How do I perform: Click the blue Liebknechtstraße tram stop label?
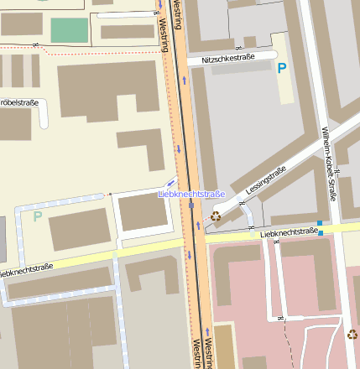point(192,195)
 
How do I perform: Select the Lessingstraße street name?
point(266,182)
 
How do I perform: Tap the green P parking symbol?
point(37,216)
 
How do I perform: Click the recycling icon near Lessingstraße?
point(216,216)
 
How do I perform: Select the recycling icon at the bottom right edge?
point(352,335)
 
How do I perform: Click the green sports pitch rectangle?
point(69,29)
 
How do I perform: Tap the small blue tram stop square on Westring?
point(191,205)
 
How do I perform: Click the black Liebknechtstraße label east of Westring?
point(289,233)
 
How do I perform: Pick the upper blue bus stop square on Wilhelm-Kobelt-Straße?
point(320,223)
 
